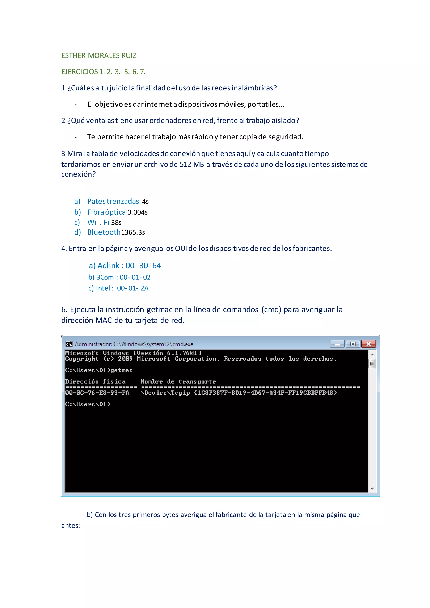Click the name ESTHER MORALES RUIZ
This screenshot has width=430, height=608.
pos(99,56)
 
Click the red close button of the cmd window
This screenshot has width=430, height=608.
pos(368,344)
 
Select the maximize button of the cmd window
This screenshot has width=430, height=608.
pos(353,344)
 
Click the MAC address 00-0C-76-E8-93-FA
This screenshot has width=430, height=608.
pos(97,393)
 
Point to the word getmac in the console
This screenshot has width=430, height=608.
pos(122,370)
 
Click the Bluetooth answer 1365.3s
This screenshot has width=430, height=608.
pos(133,232)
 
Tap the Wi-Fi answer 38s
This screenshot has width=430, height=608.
pos(116,223)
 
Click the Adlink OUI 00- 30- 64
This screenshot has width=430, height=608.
pos(143,266)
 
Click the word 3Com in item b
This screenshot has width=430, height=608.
pos(105,278)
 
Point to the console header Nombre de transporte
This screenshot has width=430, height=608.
pos(178,382)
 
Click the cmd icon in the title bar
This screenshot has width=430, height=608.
pos(69,344)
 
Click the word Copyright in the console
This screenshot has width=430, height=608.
pos(82,359)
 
